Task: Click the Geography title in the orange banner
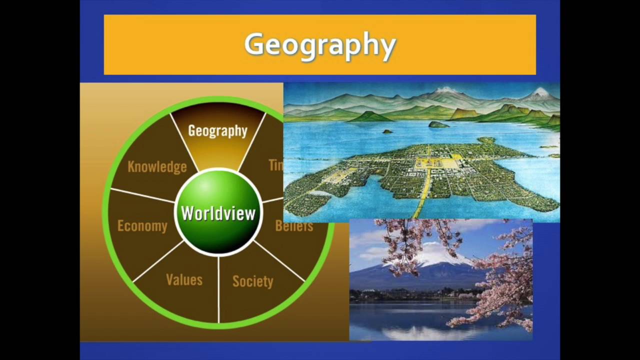(x=320, y=45)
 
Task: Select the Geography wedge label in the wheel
(x=217, y=131)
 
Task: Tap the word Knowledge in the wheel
(x=157, y=166)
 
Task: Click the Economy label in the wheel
(x=142, y=226)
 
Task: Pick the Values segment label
(x=184, y=280)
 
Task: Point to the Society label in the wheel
(x=252, y=281)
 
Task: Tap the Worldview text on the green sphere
(x=218, y=213)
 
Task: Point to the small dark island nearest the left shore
(x=387, y=131)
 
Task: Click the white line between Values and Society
(x=218, y=290)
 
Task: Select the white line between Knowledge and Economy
(x=142, y=195)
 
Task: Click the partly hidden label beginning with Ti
(x=275, y=165)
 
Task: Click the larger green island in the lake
(x=438, y=124)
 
